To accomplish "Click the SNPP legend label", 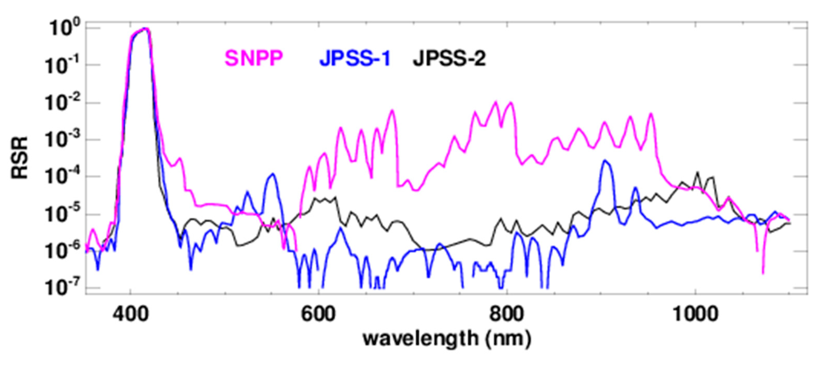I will pyautogui.click(x=254, y=58).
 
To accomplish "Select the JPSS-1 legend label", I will pyautogui.click(x=355, y=58).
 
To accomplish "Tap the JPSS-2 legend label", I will pyautogui.click(x=449, y=58).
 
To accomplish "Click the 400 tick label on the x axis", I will pyautogui.click(x=130, y=314).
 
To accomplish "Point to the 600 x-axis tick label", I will pyautogui.click(x=319, y=314).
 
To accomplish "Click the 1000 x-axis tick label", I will pyautogui.click(x=696, y=314).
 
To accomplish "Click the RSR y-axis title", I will pyautogui.click(x=20, y=158).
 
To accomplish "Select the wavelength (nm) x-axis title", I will pyautogui.click(x=447, y=339).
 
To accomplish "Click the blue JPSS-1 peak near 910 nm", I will pyautogui.click(x=605, y=161).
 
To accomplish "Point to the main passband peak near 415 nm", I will pyautogui.click(x=146, y=29).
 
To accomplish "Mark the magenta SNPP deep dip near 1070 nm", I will pyautogui.click(x=763, y=273).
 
